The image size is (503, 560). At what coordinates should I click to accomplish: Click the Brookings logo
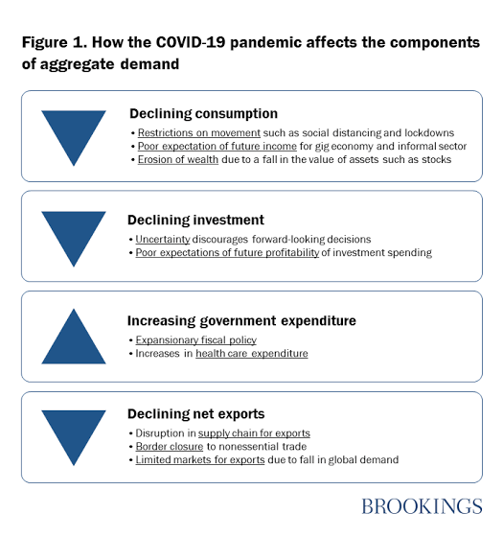[x=422, y=506]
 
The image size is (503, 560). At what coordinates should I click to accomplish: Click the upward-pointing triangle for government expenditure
[x=74, y=337]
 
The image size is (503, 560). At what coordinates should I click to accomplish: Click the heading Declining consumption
[x=203, y=114]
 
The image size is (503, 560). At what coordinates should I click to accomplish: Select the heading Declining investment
[x=195, y=220]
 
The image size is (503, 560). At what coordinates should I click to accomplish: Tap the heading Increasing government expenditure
[x=241, y=321]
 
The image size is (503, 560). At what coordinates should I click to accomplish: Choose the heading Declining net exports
[x=195, y=414]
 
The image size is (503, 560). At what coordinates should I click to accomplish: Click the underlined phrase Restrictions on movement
[x=199, y=133]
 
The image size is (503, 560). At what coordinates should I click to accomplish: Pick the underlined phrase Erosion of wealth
[x=178, y=159]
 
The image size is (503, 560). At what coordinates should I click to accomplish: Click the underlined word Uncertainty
[x=163, y=240]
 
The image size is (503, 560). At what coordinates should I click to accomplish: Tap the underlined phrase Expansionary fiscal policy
[x=195, y=340]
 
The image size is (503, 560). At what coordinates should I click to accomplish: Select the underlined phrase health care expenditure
[x=252, y=354]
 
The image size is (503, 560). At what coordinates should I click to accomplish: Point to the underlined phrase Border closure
[x=170, y=447]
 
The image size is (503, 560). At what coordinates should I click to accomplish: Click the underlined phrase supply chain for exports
[x=254, y=433]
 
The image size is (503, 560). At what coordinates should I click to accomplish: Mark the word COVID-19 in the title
[x=191, y=42]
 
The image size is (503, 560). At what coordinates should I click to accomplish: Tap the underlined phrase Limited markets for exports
[x=200, y=460]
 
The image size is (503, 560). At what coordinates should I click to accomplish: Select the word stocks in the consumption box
[x=437, y=159]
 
